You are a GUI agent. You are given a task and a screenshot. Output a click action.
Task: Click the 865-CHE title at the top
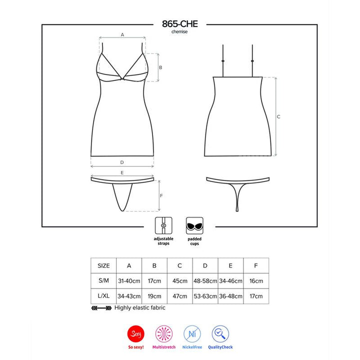click(x=180, y=23)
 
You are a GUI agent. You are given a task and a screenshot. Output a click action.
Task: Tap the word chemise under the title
click(x=180, y=31)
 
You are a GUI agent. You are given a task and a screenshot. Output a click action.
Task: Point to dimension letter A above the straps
click(x=122, y=34)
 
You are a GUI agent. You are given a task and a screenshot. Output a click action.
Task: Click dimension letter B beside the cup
click(x=160, y=67)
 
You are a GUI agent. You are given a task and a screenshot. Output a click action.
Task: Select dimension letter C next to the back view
click(x=278, y=116)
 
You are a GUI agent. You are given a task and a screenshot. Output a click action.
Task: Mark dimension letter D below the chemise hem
click(x=122, y=162)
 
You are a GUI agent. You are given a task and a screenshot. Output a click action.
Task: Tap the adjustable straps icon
click(x=163, y=225)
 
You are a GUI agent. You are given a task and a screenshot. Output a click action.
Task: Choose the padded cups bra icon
click(x=194, y=225)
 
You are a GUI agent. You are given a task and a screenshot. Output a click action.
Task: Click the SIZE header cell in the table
click(x=103, y=266)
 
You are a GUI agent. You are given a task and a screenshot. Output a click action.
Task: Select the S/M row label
click(x=103, y=281)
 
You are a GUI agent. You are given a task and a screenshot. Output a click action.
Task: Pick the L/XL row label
click(x=103, y=296)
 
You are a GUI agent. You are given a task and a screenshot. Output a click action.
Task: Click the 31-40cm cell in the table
click(x=128, y=281)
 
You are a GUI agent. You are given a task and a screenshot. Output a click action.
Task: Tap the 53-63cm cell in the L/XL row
click(x=205, y=296)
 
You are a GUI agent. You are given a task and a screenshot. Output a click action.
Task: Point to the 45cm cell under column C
click(x=179, y=281)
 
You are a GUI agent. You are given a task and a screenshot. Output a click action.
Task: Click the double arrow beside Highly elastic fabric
click(x=101, y=308)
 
